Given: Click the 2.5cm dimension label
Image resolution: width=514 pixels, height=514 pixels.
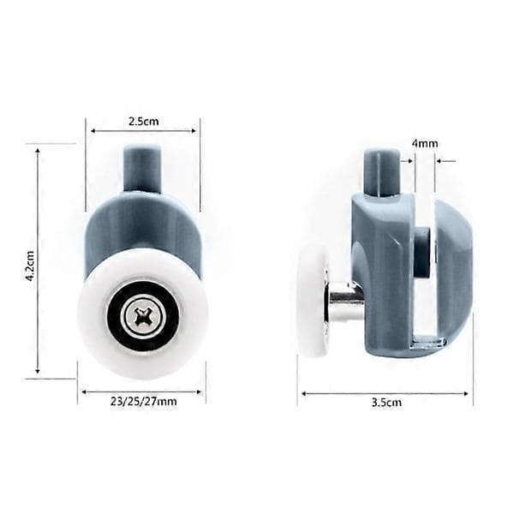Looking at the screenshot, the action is (x=143, y=122).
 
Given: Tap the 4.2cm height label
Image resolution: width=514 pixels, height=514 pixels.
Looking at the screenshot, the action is (x=31, y=266).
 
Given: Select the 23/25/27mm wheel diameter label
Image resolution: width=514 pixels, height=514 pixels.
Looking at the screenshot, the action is (x=143, y=402).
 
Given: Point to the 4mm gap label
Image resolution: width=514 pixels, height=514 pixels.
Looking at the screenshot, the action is (x=425, y=144).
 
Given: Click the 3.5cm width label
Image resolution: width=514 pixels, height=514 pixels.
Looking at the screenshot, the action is (x=386, y=403).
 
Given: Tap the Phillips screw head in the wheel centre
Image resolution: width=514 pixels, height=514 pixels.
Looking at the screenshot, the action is (x=142, y=316).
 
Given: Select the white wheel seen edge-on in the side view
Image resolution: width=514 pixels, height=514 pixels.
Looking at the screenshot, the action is (x=313, y=302).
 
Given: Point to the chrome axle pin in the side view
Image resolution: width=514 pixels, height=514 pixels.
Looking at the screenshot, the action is (x=346, y=301).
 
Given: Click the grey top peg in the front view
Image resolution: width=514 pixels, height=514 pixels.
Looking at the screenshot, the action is (x=142, y=170).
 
